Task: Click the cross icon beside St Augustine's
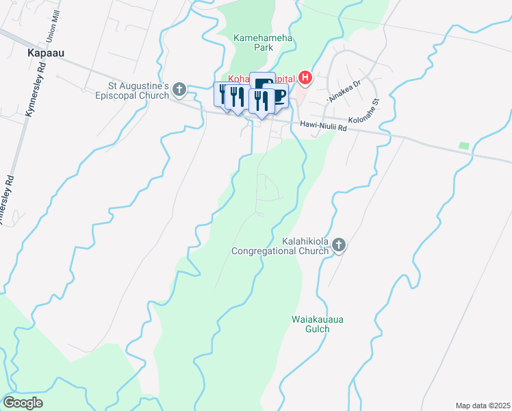coord(179,88)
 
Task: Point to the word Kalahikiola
coord(309,242)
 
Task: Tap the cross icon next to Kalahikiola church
coord(340,245)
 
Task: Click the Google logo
coord(23,403)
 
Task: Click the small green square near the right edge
coord(465,146)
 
